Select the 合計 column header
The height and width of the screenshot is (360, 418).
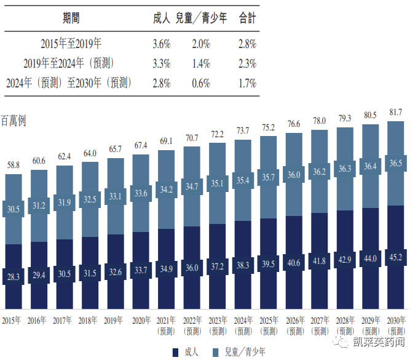click(x=246, y=18)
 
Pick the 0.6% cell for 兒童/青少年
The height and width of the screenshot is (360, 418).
click(x=200, y=84)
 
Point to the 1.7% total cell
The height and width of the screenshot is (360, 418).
click(x=246, y=84)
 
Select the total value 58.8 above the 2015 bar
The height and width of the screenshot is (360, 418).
click(x=14, y=166)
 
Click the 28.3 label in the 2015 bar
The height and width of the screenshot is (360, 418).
click(x=14, y=276)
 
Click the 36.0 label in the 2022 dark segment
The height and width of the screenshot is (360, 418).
click(x=192, y=268)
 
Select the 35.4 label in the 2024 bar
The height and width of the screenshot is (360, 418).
click(x=243, y=180)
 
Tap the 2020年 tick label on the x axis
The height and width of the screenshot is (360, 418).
click(x=141, y=320)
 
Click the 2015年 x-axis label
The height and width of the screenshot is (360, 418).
click(x=14, y=320)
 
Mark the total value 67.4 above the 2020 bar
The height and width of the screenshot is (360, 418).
click(x=141, y=145)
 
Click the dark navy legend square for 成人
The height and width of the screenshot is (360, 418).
click(x=176, y=351)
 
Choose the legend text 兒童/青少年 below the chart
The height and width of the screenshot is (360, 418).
click(x=245, y=351)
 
